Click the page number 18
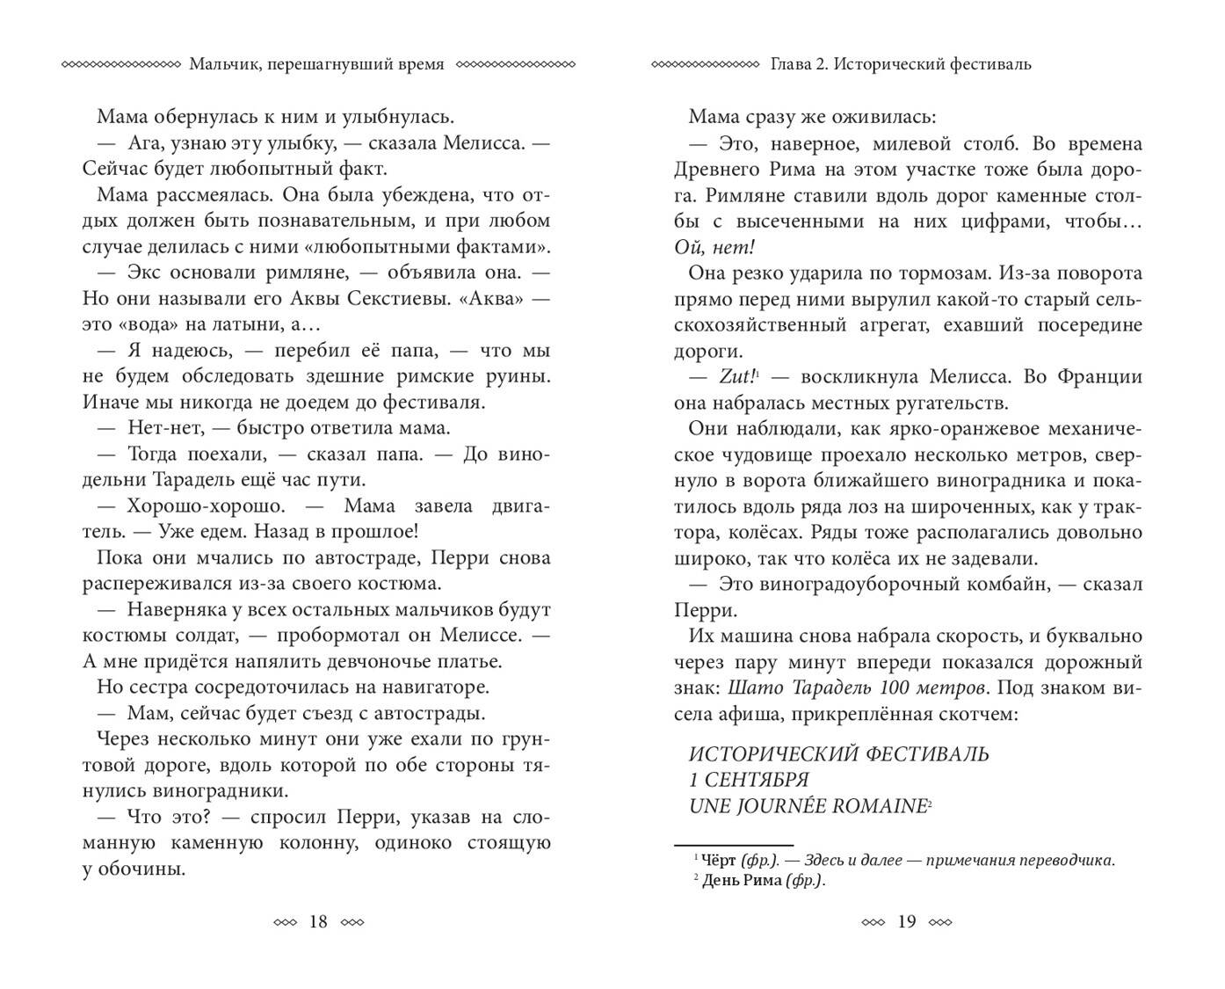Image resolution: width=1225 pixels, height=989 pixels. [318, 921]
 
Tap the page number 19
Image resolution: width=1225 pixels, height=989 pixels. [907, 921]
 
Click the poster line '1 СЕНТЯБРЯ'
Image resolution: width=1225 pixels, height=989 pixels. [749, 780]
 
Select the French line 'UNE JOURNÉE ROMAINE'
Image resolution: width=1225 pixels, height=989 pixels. [808, 805]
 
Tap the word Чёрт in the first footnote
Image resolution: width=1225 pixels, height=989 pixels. [721, 861]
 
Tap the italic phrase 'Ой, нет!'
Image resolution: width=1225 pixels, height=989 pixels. [715, 247]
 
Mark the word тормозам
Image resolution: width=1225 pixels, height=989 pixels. [913, 273]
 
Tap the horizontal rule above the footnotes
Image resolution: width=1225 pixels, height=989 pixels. [733, 844]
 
